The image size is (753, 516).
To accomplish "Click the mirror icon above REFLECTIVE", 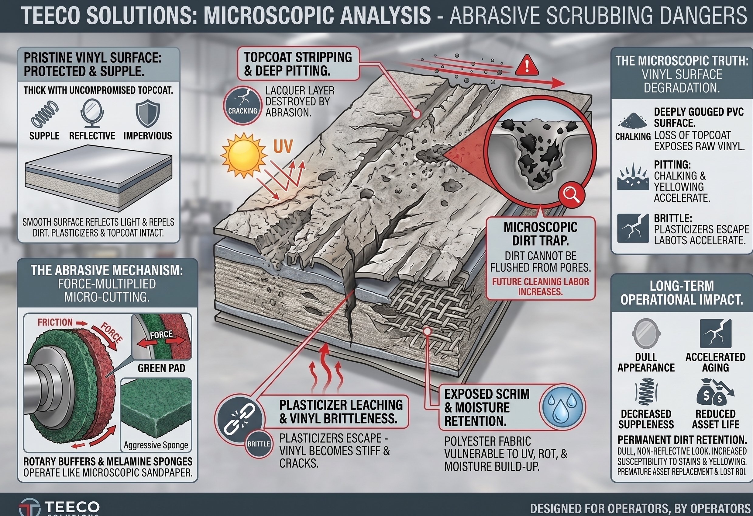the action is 92,114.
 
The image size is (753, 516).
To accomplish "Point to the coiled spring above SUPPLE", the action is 45,114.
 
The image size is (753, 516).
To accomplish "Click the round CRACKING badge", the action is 243,105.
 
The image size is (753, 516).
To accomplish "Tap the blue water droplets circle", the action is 562,407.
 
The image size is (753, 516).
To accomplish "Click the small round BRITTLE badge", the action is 259,444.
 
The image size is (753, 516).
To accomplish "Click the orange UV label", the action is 283,146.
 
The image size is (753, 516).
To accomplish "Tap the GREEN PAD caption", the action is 161,368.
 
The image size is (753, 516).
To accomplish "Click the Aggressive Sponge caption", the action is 156,445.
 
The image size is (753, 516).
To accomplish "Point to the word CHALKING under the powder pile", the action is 633,137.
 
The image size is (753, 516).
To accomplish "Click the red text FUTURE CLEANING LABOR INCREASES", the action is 541,286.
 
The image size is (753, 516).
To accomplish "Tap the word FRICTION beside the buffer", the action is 55,322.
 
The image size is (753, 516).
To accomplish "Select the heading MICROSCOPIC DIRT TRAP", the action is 541,234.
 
